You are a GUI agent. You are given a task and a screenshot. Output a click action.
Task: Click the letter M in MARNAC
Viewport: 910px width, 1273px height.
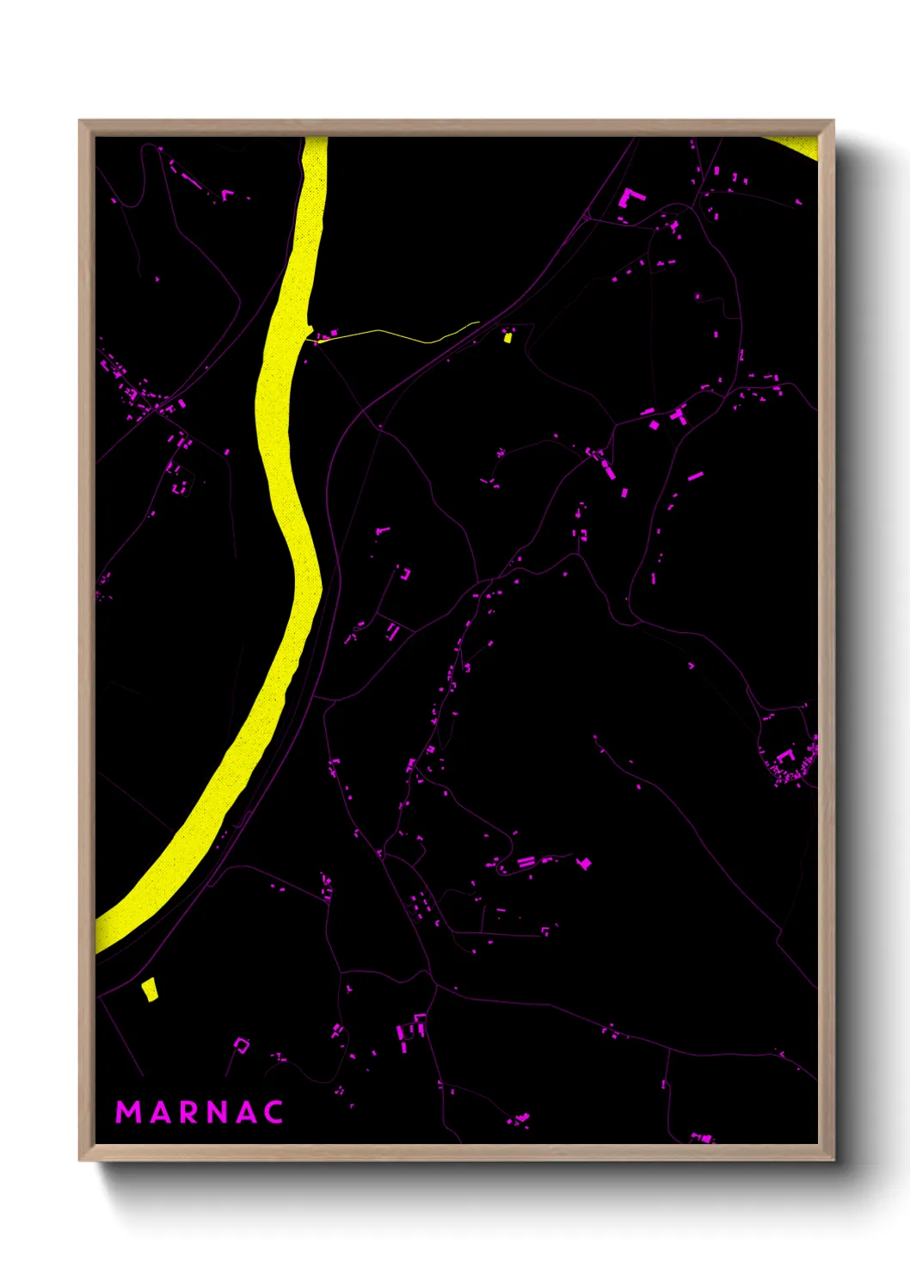(x=129, y=1112)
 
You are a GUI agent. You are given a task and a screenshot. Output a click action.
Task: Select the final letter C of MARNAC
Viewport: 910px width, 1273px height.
(x=274, y=1112)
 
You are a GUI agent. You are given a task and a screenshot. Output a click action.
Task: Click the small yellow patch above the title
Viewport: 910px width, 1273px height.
(x=150, y=989)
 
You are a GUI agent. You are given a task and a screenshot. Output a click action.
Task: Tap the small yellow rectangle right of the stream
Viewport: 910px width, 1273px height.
(x=507, y=338)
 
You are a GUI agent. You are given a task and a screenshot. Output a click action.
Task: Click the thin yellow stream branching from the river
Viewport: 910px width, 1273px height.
(x=396, y=334)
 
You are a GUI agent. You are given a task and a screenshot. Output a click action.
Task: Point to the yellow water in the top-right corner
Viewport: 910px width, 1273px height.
(x=800, y=146)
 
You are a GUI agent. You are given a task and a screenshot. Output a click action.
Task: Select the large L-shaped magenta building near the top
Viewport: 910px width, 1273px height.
(x=630, y=198)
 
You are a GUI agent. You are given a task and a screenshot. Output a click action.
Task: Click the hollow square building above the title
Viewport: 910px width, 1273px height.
(x=242, y=1045)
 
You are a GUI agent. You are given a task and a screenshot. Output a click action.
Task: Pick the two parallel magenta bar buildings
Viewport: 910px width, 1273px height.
(x=526, y=861)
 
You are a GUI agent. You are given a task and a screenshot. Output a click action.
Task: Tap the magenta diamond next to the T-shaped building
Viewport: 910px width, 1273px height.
(x=654, y=424)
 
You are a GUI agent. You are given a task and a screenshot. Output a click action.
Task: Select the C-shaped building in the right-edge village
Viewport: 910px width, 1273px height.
(x=784, y=756)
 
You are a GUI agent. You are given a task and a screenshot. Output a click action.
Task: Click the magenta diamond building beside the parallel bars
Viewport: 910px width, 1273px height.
(x=585, y=863)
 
